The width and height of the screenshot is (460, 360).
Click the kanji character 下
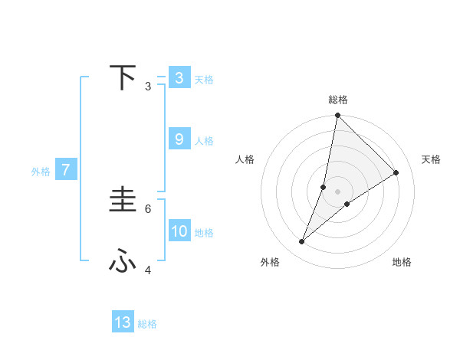pyautogui.click(x=123, y=77)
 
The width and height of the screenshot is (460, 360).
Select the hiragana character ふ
pyautogui.click(x=123, y=262)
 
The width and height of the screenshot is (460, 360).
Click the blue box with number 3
pyautogui.click(x=179, y=78)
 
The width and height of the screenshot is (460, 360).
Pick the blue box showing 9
pyautogui.click(x=179, y=139)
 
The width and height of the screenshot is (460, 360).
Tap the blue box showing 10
pyautogui.click(x=179, y=231)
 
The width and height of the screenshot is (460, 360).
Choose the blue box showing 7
pyautogui.click(x=66, y=170)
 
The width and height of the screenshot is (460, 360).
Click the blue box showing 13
pyautogui.click(x=123, y=322)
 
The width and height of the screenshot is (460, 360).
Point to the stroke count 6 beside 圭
pyautogui.click(x=148, y=208)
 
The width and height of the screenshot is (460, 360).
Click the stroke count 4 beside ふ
pyautogui.click(x=148, y=270)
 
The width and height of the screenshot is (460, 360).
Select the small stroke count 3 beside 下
pyautogui.click(x=148, y=86)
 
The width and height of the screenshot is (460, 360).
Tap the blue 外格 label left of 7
pyautogui.click(x=41, y=172)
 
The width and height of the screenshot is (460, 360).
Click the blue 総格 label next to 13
pyautogui.click(x=147, y=324)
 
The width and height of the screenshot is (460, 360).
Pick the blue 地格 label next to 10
pyautogui.click(x=204, y=233)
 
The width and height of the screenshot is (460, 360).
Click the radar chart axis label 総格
pyautogui.click(x=337, y=100)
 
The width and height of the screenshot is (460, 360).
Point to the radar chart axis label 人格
pyautogui.click(x=245, y=159)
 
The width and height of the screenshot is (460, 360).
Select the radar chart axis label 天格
pyautogui.click(x=431, y=159)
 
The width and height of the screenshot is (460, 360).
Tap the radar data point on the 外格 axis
pyautogui.click(x=302, y=242)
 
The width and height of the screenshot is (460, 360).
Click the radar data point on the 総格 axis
pyautogui.click(x=337, y=116)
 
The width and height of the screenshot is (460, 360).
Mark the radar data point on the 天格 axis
pyautogui.click(x=396, y=172)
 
